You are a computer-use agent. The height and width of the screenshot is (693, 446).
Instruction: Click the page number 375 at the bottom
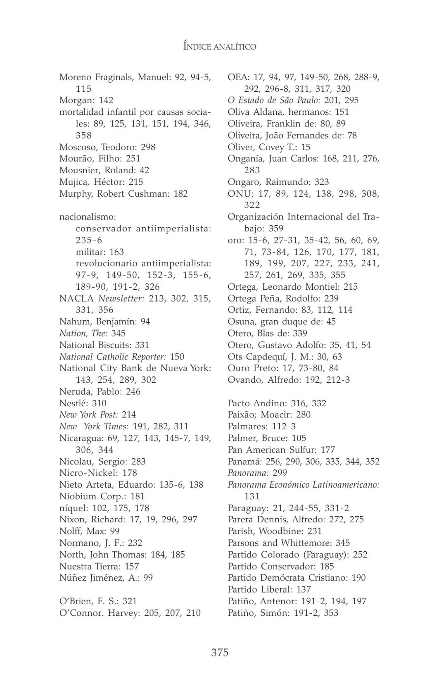[x=220, y=653]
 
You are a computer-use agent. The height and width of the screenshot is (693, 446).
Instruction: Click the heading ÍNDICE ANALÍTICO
[x=220, y=46]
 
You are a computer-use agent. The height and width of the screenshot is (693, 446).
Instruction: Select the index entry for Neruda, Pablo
[x=100, y=391]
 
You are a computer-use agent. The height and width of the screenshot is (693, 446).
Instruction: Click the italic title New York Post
[x=88, y=414]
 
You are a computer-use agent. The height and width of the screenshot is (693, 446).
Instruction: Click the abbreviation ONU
[x=239, y=193]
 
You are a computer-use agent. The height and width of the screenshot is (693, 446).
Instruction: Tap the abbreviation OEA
[x=238, y=77]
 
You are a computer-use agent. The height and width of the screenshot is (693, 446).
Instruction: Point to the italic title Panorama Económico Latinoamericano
[x=304, y=484]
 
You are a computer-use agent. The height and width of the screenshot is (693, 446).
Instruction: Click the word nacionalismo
[x=88, y=217]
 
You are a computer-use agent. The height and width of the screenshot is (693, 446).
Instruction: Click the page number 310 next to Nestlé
[x=99, y=403]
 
